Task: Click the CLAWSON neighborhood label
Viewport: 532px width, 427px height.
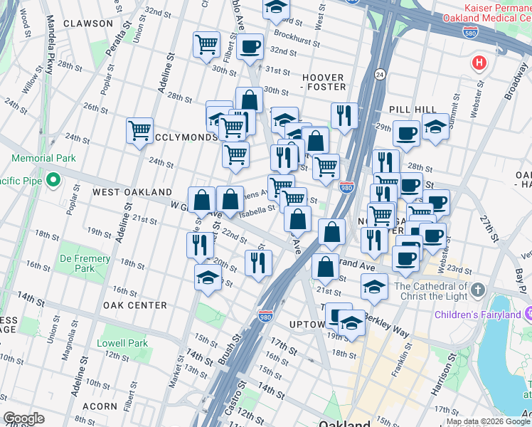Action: [x=87, y=23]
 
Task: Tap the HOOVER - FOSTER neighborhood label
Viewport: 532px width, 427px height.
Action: [x=324, y=82]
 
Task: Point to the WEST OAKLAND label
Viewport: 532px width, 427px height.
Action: [x=132, y=192]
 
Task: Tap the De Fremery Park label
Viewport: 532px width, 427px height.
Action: [x=86, y=263]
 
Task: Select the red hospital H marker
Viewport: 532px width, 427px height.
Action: [x=479, y=63]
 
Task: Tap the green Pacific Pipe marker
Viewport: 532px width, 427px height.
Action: [x=53, y=181]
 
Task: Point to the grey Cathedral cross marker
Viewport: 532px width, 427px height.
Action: [x=477, y=290]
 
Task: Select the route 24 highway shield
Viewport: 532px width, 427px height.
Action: [x=380, y=73]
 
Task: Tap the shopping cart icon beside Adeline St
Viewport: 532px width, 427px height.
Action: [x=139, y=130]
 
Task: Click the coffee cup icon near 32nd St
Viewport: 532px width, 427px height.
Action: [x=249, y=47]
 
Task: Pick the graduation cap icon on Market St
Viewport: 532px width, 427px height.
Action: [x=208, y=277]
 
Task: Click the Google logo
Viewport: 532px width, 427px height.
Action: [x=24, y=418]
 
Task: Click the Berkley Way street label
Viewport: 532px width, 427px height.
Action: [x=388, y=318]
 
